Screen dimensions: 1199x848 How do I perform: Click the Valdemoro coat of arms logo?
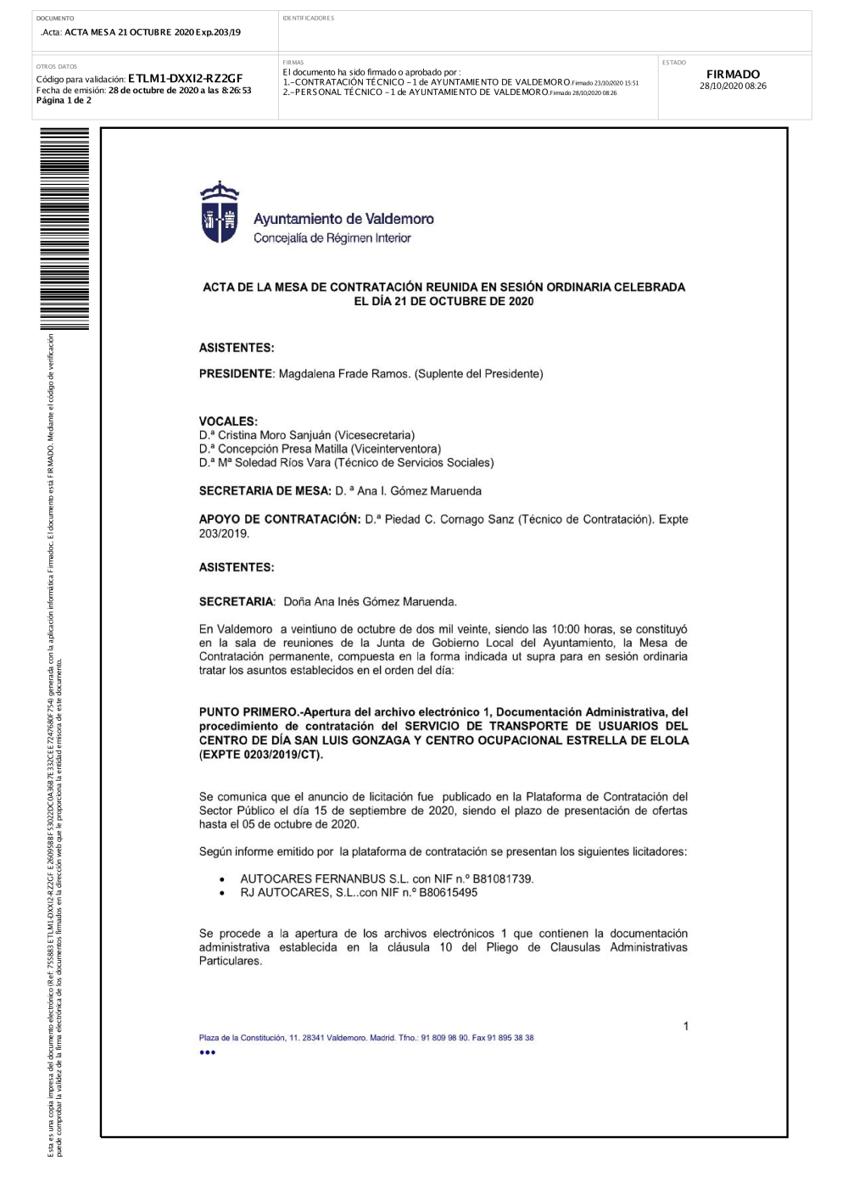point(219,213)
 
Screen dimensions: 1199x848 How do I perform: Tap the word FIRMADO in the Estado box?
point(733,75)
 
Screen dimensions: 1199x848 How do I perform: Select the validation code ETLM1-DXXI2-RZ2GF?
point(185,79)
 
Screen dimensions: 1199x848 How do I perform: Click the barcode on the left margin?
point(64,229)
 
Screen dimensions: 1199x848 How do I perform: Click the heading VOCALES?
point(228,421)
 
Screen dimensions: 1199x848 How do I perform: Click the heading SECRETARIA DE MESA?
point(265,491)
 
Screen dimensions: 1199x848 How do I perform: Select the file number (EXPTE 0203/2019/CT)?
point(261,755)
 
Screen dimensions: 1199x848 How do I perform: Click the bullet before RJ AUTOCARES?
point(222,893)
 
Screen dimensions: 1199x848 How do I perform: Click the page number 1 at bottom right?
point(686,1026)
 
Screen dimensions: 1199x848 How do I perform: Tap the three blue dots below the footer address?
point(208,1052)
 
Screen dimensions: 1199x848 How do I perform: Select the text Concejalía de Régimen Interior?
point(332,238)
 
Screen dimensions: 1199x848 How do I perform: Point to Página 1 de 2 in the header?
point(64,100)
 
